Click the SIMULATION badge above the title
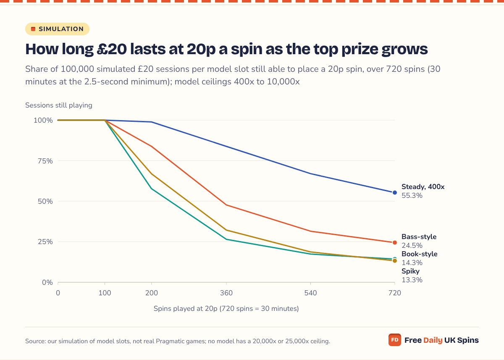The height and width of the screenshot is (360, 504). (57, 29)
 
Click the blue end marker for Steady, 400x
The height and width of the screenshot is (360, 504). (395, 192)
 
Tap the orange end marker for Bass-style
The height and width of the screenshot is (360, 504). (395, 242)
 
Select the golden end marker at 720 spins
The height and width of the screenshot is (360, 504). (395, 261)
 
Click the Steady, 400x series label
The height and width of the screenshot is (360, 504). (423, 187)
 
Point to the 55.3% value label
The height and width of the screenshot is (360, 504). (412, 195)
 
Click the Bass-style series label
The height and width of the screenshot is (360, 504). (419, 236)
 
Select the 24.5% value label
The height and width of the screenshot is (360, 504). (412, 245)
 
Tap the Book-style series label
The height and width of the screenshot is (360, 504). (420, 254)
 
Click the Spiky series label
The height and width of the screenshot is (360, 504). (410, 271)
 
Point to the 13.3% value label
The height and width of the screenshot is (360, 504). (412, 280)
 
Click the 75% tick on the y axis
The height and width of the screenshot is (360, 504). (45, 161)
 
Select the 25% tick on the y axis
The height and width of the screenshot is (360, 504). (45, 242)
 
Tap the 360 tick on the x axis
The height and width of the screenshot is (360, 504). (226, 293)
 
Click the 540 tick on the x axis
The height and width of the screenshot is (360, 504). (310, 293)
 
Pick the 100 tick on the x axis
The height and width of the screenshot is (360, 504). (105, 293)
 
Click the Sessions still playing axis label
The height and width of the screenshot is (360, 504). (59, 105)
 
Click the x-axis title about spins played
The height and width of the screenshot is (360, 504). (226, 308)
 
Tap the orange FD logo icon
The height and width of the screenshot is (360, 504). (395, 340)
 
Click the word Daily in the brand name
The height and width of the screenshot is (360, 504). (433, 340)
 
